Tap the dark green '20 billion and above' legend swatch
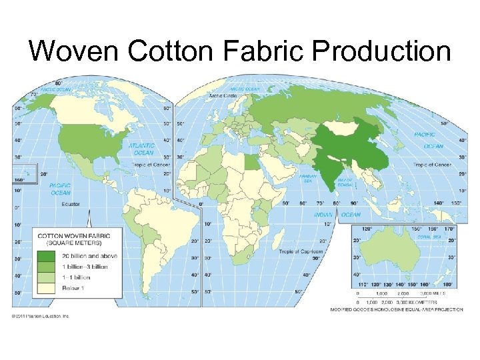click(x=47, y=256)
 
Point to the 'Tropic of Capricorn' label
click(x=297, y=251)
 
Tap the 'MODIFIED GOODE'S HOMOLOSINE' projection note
click(x=396, y=309)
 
